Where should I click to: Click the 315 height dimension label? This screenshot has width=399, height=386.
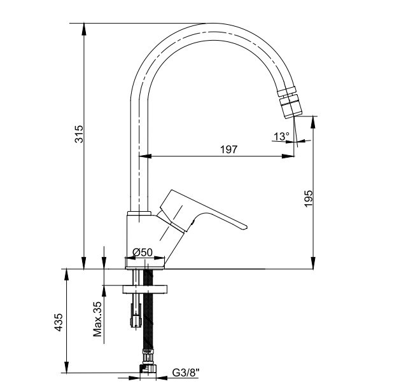79,134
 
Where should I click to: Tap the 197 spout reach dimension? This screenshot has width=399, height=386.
228,149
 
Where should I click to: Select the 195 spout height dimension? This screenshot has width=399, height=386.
309,198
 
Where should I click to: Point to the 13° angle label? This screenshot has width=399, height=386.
281,137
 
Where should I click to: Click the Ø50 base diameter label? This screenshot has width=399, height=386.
143,252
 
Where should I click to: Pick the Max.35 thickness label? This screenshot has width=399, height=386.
97,319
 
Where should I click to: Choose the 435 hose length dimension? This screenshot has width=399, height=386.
59,322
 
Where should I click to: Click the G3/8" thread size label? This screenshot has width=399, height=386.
186,373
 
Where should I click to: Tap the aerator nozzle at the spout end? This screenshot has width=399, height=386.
290,102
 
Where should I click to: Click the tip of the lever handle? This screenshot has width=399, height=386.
246,228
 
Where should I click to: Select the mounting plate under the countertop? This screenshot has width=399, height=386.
145,289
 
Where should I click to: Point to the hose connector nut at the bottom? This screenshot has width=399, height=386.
148,369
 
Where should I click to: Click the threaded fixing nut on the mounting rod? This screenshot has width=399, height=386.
136,315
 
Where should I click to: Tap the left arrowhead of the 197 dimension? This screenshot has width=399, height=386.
145,156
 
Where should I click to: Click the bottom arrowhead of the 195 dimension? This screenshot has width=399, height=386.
313,263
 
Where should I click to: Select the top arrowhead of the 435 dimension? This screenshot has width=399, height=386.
66,275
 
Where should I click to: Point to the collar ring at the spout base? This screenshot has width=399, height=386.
139,213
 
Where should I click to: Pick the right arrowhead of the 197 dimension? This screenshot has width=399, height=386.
288,156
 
